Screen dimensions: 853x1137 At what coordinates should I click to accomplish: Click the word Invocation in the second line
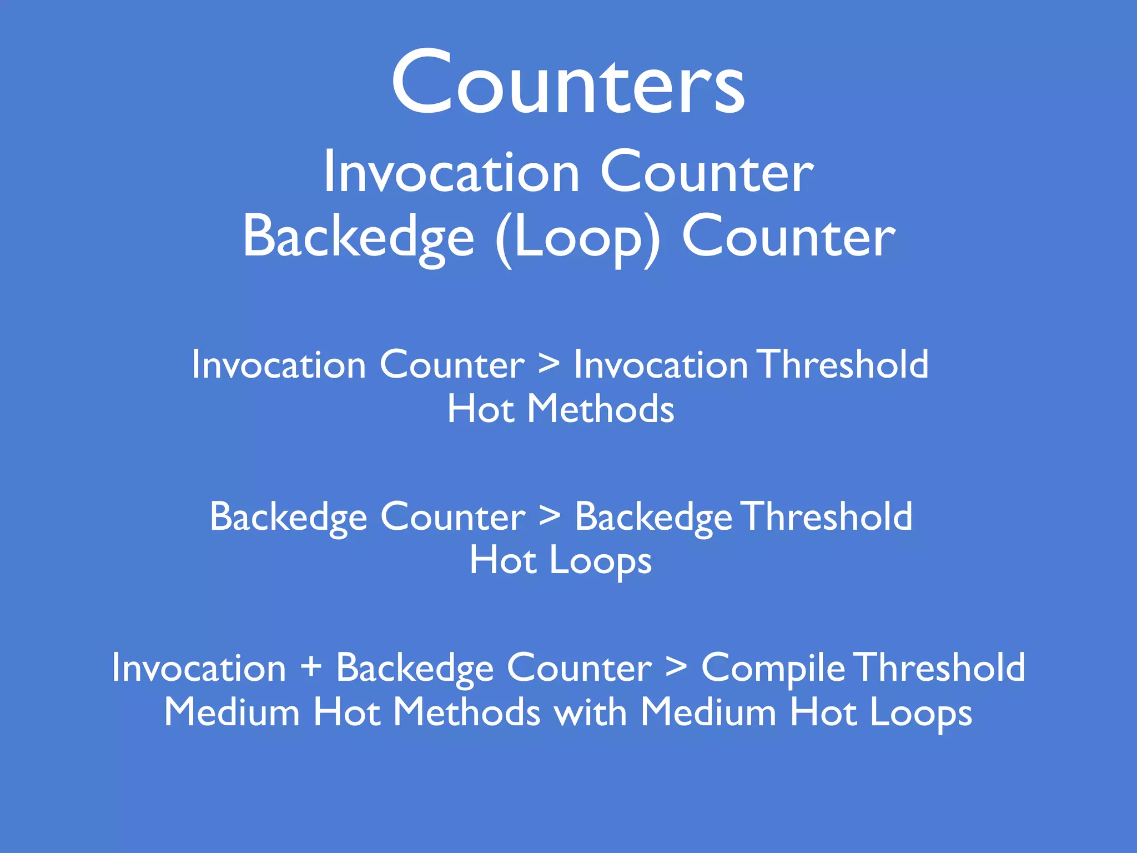coord(451,173)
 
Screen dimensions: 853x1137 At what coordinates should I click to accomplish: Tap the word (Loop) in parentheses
coord(578,238)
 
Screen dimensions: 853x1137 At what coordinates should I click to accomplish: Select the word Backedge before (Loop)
coord(359,238)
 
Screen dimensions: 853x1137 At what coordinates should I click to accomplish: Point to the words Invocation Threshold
coord(751,364)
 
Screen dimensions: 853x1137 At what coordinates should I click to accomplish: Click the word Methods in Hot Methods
coord(600,409)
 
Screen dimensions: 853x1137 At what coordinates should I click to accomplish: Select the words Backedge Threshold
coord(743,516)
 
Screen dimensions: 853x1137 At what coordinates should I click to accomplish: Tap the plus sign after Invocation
coord(311,667)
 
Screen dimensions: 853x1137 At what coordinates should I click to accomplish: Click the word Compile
coord(773,668)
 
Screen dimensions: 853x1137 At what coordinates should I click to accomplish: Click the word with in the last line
coord(591,712)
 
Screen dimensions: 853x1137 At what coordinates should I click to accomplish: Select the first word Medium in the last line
coord(232,712)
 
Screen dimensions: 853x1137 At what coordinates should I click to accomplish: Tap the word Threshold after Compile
coord(939,667)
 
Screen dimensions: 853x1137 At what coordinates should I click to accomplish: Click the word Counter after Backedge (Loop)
coord(788,238)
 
